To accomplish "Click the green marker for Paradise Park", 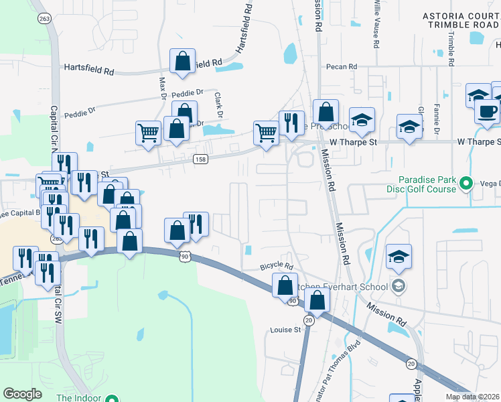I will pos(468,183).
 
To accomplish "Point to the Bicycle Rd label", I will pos(277,267).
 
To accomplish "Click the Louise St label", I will pos(285,330).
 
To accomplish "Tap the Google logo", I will pos(23,393).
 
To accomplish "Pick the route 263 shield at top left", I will pos(44,19).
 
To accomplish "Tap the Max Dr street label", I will pos(161,87).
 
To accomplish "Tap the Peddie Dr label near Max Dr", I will pos(187,92).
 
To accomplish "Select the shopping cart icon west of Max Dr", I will pos(148,131).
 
